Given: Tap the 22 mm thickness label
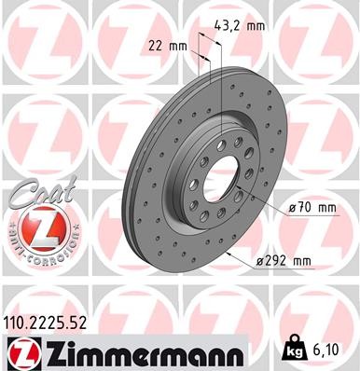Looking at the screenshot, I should [x=164, y=45].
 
